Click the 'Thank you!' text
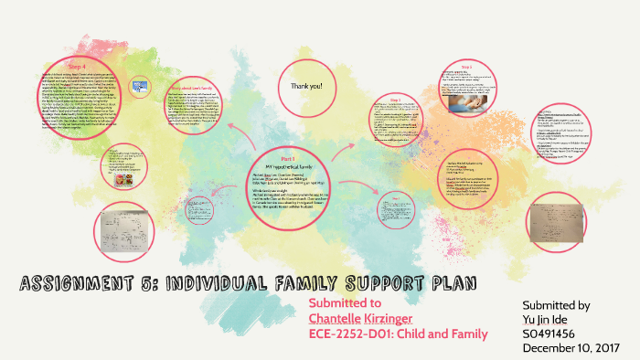(306, 86)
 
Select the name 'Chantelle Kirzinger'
(359, 318)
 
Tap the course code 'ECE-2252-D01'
(352, 334)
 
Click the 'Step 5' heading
(467, 67)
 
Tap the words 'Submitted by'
(555, 304)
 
